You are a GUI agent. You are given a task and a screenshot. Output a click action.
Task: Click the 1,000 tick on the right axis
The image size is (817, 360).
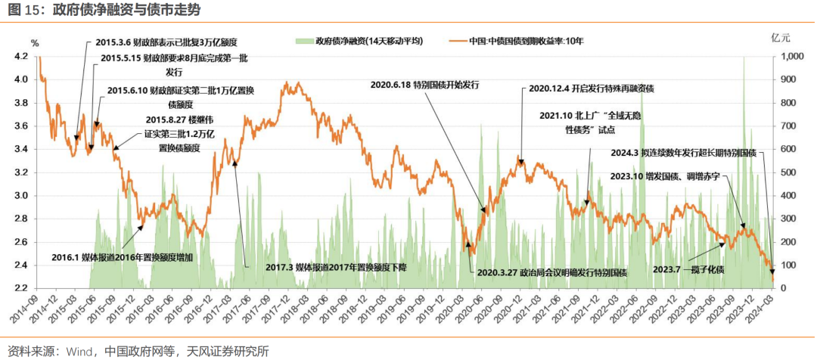click(791, 57)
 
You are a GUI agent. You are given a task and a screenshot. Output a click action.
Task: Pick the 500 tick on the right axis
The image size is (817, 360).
click(787, 172)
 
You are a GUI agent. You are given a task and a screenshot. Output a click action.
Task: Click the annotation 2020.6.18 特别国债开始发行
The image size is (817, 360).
click(425, 84)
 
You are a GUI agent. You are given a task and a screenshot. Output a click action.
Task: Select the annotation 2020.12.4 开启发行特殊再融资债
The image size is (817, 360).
click(591, 88)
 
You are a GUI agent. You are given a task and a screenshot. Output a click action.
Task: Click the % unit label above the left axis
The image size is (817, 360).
click(34, 42)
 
